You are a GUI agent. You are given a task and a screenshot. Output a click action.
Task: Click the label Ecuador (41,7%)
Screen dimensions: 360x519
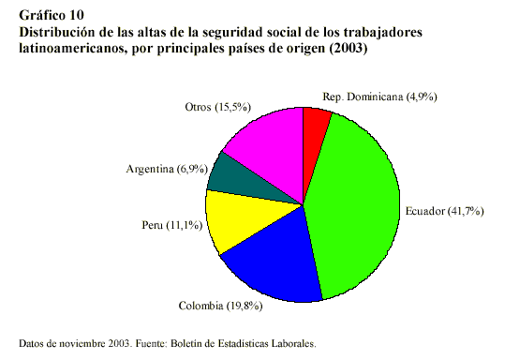pyautogui.click(x=443, y=211)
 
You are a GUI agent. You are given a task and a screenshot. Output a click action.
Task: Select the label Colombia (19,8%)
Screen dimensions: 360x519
pyautogui.click(x=221, y=305)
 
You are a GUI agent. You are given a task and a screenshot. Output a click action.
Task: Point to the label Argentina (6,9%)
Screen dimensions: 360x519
pyautogui.click(x=165, y=170)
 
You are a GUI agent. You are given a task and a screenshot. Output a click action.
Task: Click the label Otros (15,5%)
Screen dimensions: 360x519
pyautogui.click(x=218, y=108)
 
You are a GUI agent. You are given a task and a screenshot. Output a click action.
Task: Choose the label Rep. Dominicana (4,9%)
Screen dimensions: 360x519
pyautogui.click(x=379, y=97)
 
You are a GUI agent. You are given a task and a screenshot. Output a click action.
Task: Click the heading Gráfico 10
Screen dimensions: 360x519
pyautogui.click(x=51, y=16)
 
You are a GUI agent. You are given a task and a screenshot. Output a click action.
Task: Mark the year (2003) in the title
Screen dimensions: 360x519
pyautogui.click(x=347, y=47)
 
